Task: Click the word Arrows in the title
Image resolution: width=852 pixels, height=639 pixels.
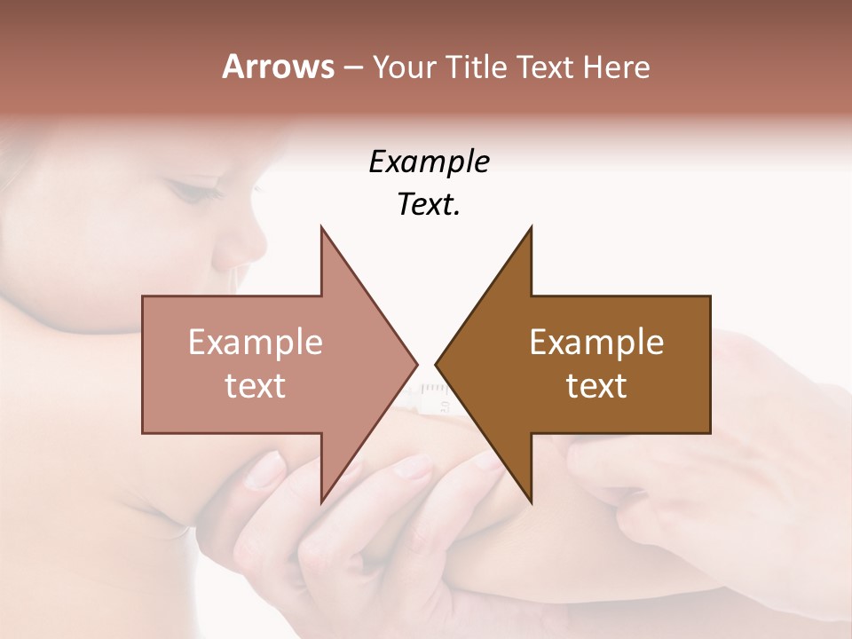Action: pyautogui.click(x=278, y=67)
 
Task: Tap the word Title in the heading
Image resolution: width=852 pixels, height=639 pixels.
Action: pyautogui.click(x=478, y=67)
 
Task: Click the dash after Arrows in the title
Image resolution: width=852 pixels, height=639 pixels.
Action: pyautogui.click(x=353, y=68)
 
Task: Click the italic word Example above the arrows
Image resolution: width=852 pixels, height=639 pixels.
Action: pyautogui.click(x=429, y=162)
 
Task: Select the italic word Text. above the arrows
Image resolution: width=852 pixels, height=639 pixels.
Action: pyautogui.click(x=429, y=205)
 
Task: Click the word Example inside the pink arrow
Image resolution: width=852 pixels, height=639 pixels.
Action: pyautogui.click(x=256, y=343)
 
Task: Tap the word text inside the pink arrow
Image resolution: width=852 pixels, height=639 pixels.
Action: pyautogui.click(x=256, y=386)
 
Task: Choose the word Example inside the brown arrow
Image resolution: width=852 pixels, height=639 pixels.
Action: pyautogui.click(x=596, y=343)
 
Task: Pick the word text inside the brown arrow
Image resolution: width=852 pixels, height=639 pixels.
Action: pyautogui.click(x=596, y=386)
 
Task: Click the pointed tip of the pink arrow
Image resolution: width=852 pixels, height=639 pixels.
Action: pyautogui.click(x=416, y=364)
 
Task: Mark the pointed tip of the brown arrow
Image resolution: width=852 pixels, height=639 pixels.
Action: pyautogui.click(x=437, y=364)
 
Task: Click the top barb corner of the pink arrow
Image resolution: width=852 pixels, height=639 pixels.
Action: pyautogui.click(x=321, y=227)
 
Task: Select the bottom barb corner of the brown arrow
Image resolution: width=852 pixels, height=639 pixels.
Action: pyautogui.click(x=531, y=502)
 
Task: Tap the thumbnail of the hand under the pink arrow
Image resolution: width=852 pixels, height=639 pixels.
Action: pyautogui.click(x=265, y=469)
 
